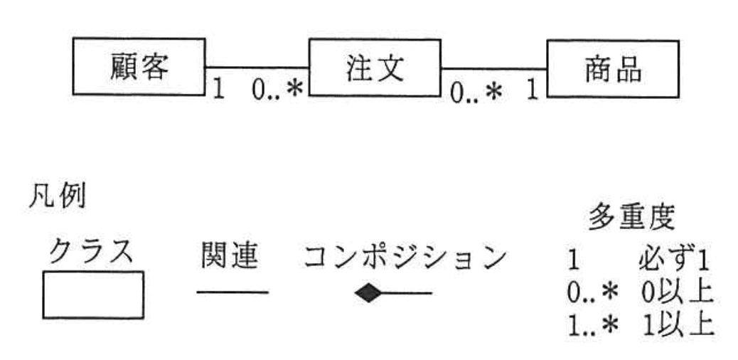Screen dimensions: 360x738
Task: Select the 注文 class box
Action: (x=374, y=68)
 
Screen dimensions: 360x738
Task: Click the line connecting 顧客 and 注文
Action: (x=257, y=66)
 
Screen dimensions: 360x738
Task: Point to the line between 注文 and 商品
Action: (x=493, y=68)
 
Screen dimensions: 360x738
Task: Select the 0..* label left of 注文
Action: (x=277, y=90)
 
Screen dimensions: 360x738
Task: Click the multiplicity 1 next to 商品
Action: (x=533, y=92)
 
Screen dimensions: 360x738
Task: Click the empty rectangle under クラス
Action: (x=93, y=295)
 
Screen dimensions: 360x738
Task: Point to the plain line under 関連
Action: (x=232, y=292)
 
